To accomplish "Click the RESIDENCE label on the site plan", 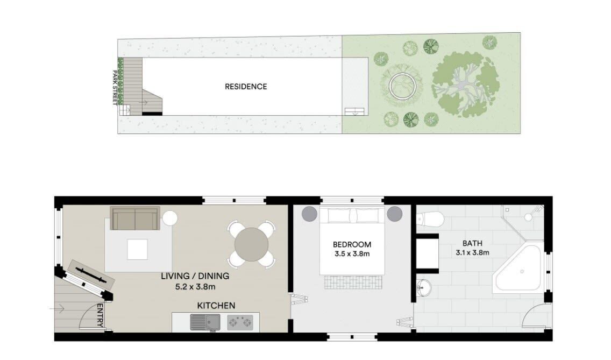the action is [246, 87].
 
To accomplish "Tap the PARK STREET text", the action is [115, 88].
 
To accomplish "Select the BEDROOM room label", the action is [352, 244].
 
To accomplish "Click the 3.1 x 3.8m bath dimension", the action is [472, 252].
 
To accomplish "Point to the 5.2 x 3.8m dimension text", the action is [195, 287].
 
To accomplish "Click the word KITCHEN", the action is [216, 306].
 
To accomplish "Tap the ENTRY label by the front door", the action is [100, 315].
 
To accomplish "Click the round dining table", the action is [251, 244].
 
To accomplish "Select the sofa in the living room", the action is [135, 218].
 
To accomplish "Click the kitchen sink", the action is [205, 322].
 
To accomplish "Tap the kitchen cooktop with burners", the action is [240, 322].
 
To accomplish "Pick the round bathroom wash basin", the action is [424, 288].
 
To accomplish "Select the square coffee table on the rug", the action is [137, 249].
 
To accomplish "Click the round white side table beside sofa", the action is [170, 218].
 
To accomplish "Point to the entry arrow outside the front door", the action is [57, 309].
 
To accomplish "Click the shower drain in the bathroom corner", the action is [528, 217].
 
